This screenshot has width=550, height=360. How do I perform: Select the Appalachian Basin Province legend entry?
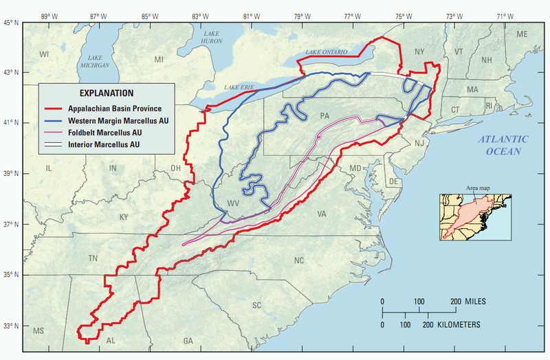pyautogui.click(x=114, y=109)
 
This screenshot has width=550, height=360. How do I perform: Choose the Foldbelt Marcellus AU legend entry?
pyautogui.click(x=104, y=133)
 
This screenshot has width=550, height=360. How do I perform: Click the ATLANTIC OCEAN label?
pyautogui.click(x=505, y=145)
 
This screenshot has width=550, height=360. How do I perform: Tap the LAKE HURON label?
pyautogui.click(x=210, y=37)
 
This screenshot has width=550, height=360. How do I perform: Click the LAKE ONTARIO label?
pyautogui.click(x=328, y=52)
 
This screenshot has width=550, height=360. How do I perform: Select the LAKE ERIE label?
pyautogui.click(x=239, y=87)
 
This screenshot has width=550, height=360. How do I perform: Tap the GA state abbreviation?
pyautogui.click(x=188, y=341)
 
